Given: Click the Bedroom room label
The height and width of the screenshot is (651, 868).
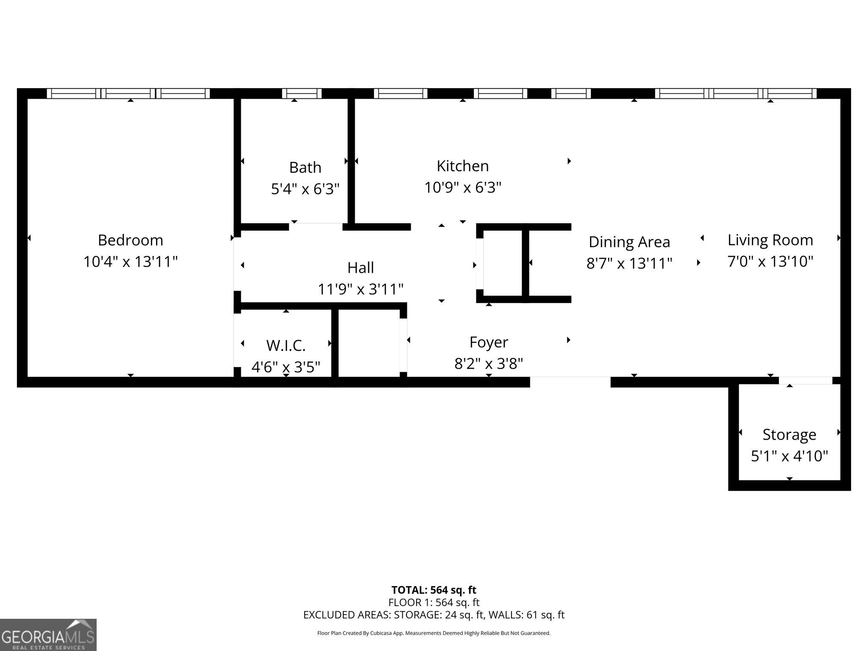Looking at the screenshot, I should [x=130, y=240].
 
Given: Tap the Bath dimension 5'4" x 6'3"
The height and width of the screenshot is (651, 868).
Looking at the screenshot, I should [x=305, y=189].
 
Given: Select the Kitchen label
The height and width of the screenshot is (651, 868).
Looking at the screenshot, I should [x=462, y=166].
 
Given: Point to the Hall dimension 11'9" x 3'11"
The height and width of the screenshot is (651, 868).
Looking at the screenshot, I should [x=360, y=289].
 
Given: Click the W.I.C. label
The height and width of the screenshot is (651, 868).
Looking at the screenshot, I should [x=286, y=345].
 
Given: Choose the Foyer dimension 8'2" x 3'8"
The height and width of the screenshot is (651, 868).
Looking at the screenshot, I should [x=489, y=363].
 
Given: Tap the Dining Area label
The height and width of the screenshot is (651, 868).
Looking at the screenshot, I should [x=629, y=242].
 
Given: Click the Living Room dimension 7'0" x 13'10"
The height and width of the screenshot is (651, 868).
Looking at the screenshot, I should [x=770, y=261].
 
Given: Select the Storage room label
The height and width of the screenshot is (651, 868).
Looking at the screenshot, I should [x=789, y=434].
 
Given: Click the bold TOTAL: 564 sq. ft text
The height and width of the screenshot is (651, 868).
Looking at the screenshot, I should [x=434, y=590].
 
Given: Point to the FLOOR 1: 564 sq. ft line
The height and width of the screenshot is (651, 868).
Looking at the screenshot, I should [x=434, y=602].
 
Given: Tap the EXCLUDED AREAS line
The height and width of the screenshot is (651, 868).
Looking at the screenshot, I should [x=434, y=615].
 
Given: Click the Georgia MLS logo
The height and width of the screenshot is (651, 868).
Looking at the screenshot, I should [x=48, y=634].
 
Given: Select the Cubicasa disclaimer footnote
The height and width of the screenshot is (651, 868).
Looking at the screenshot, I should [x=434, y=633].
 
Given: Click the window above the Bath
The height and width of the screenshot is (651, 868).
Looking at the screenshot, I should [x=302, y=93].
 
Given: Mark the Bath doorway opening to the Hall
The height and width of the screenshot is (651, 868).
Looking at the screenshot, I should [x=316, y=226].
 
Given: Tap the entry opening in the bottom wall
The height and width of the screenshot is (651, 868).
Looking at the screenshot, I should [x=570, y=381].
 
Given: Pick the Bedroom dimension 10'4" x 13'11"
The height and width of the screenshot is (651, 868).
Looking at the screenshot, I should [x=130, y=262].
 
